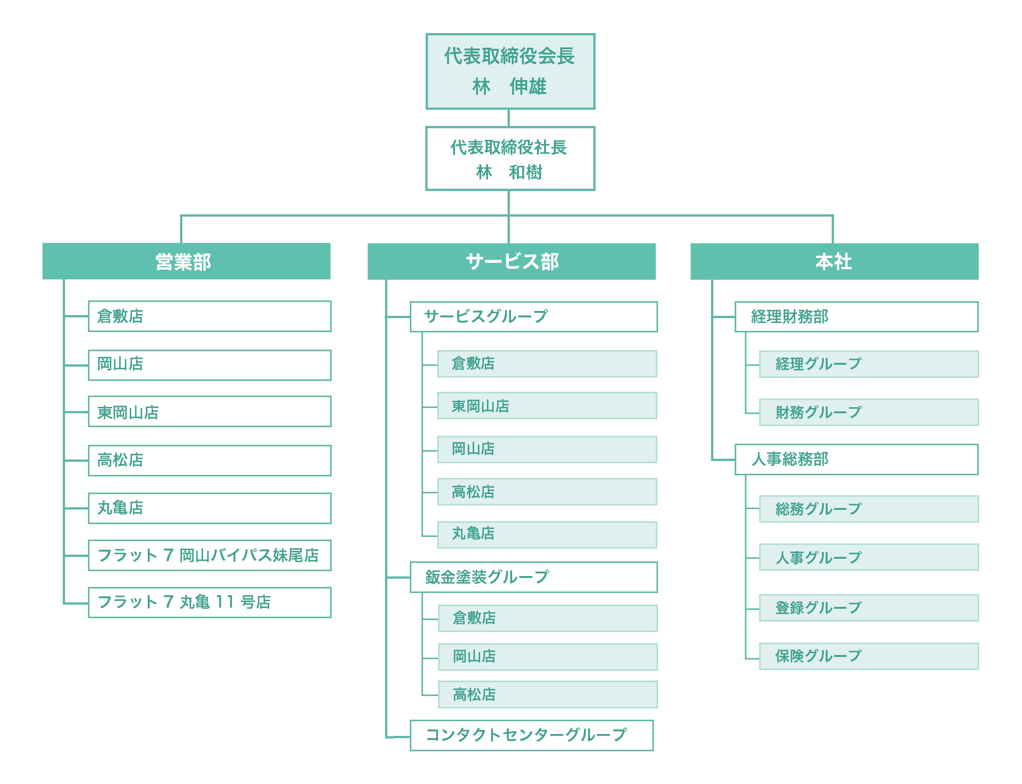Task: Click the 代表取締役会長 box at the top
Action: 510,71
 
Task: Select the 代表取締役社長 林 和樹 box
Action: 510,159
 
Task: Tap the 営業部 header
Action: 186,261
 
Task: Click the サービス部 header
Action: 511,261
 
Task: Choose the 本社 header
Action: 834,261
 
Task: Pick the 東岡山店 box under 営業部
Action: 209,412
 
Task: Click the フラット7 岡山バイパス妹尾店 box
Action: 209,555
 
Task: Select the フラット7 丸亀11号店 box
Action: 209,602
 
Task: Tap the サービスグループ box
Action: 534,317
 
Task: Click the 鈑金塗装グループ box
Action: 534,577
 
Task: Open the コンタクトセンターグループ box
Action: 532,735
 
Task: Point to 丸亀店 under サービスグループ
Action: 547,535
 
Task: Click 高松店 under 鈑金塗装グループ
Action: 547,695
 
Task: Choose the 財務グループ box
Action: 869,412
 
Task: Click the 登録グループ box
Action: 869,608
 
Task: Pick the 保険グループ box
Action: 869,656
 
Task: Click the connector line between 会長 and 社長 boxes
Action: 509,118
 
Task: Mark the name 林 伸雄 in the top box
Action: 509,86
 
